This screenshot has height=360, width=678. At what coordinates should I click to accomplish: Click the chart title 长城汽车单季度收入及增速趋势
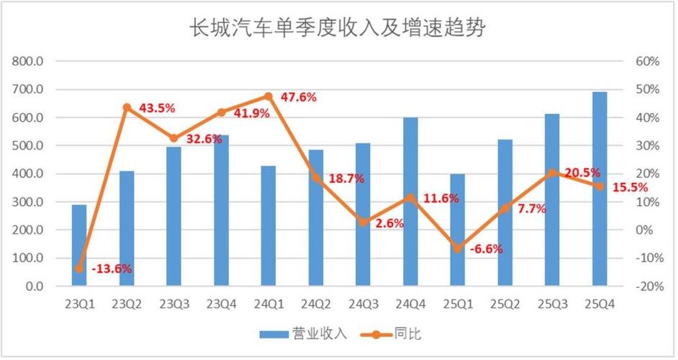pyautogui.click(x=338, y=28)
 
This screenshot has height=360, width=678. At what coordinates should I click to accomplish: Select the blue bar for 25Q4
pyautogui.click(x=600, y=189)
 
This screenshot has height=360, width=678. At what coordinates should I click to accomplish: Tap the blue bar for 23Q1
pyautogui.click(x=79, y=246)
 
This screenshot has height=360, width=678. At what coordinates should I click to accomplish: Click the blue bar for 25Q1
pyautogui.click(x=458, y=230)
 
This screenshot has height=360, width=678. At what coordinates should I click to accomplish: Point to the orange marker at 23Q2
pyautogui.click(x=127, y=107)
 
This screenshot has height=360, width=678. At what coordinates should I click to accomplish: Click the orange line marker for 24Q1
pyautogui.click(x=268, y=96)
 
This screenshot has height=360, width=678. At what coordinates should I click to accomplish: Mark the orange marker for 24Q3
pyautogui.click(x=363, y=222)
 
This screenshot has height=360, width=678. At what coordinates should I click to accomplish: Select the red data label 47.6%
pyautogui.click(x=297, y=97)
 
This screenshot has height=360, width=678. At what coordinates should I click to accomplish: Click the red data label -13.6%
pyautogui.click(x=112, y=269)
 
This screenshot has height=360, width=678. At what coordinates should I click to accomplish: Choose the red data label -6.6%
pyautogui.click(x=486, y=249)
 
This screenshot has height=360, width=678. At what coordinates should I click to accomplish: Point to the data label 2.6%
pyautogui.click(x=389, y=223)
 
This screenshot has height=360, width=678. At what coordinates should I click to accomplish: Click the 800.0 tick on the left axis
pyautogui.click(x=29, y=62)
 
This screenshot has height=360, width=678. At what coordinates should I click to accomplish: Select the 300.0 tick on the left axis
pyautogui.click(x=29, y=202)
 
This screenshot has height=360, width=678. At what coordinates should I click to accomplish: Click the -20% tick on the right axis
pyautogui.click(x=647, y=287)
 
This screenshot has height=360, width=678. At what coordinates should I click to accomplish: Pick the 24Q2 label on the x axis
pyautogui.click(x=315, y=305)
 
